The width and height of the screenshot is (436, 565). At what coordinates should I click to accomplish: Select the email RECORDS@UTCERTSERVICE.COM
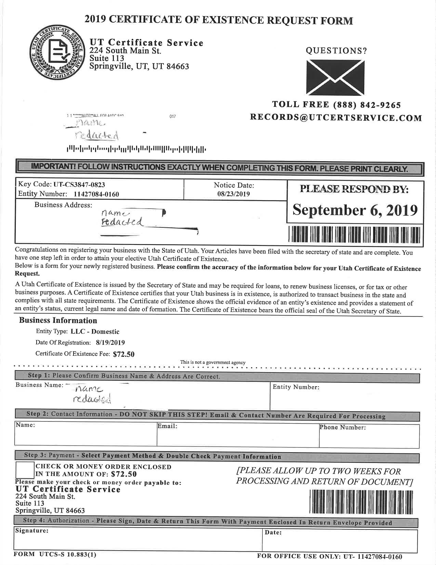click(336, 118)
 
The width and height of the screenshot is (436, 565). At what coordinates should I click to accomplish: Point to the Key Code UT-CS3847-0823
click(79, 185)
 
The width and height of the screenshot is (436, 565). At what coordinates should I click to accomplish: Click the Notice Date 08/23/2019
click(234, 194)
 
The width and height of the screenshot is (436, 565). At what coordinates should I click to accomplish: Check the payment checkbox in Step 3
click(25, 470)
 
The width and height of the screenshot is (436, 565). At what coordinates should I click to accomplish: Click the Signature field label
click(31, 531)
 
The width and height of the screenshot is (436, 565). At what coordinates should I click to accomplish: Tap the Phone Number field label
click(343, 427)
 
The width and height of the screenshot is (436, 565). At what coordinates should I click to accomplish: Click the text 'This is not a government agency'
click(213, 362)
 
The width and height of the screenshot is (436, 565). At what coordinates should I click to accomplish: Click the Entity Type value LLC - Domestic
click(95, 331)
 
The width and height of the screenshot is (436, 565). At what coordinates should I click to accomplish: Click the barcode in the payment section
click(361, 501)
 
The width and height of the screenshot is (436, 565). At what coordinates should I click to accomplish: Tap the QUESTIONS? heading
click(336, 51)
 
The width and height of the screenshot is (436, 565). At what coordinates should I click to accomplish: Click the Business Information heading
click(58, 321)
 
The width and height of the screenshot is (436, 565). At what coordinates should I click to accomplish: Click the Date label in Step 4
click(273, 533)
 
